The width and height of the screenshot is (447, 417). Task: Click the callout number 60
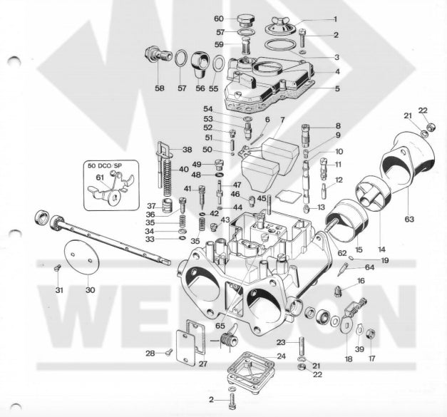(x=219, y=18)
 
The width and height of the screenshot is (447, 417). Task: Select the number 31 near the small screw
(x=59, y=289)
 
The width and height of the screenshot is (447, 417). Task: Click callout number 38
(x=187, y=150)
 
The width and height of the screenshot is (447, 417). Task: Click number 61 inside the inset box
(x=100, y=177)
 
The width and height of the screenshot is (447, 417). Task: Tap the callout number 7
(x=282, y=119)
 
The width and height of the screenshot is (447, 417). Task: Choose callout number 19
(x=364, y=261)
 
